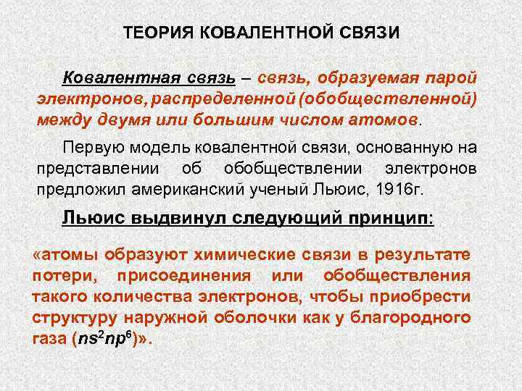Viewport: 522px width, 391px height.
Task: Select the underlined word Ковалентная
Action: (x=111, y=77)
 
